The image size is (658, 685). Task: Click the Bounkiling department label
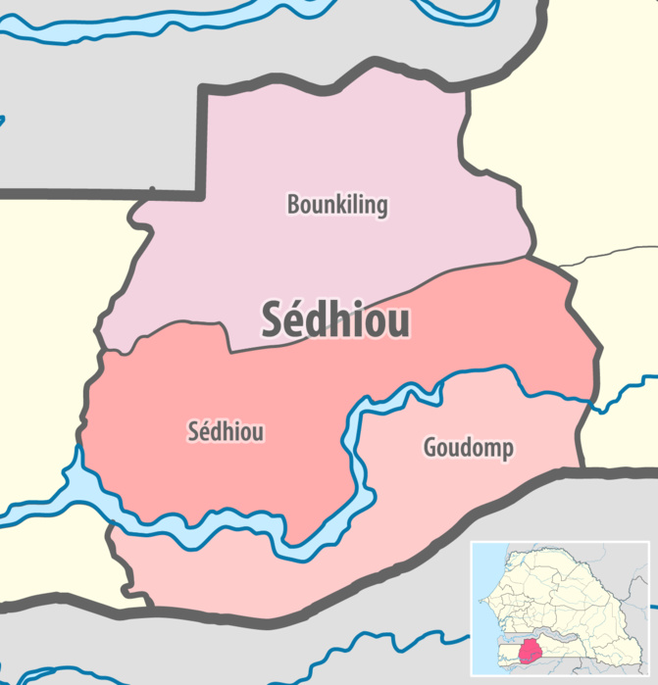point(336,205)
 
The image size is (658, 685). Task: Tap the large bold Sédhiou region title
point(335,319)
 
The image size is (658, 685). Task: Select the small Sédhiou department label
point(226,431)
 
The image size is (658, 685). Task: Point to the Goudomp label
point(469,448)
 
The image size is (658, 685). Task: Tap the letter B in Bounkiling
point(292,205)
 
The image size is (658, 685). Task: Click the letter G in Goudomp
point(430,448)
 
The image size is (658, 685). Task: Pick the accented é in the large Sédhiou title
point(293,320)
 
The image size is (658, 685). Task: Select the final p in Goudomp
point(508,451)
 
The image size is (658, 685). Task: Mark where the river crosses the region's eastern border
point(592,399)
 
